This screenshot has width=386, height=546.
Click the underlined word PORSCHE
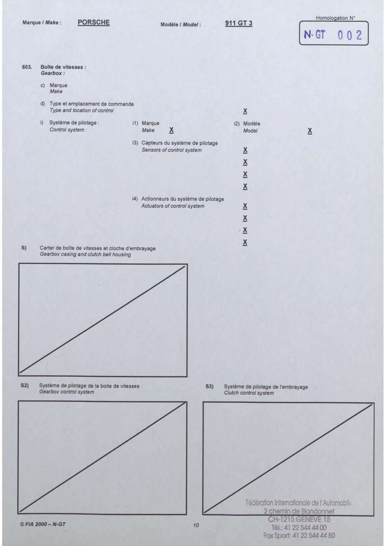point(94,22)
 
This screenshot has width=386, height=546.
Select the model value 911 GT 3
point(239,23)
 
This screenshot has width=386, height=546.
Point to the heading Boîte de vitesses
point(63,67)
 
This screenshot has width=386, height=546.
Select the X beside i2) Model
point(310,131)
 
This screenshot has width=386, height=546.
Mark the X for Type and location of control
point(245,111)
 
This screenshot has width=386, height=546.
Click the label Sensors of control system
point(171,150)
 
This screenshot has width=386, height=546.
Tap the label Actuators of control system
point(173,206)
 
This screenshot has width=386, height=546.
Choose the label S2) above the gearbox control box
point(25,386)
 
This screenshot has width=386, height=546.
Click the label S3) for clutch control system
point(210,387)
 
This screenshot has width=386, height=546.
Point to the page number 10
point(196,525)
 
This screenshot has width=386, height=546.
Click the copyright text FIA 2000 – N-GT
point(43,524)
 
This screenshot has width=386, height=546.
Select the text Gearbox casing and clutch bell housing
point(85,255)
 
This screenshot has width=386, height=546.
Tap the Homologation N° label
point(335,18)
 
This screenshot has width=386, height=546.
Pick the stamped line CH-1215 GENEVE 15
point(299,519)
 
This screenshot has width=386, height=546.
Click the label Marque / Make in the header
point(42,23)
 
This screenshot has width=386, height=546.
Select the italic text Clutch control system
point(249,393)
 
